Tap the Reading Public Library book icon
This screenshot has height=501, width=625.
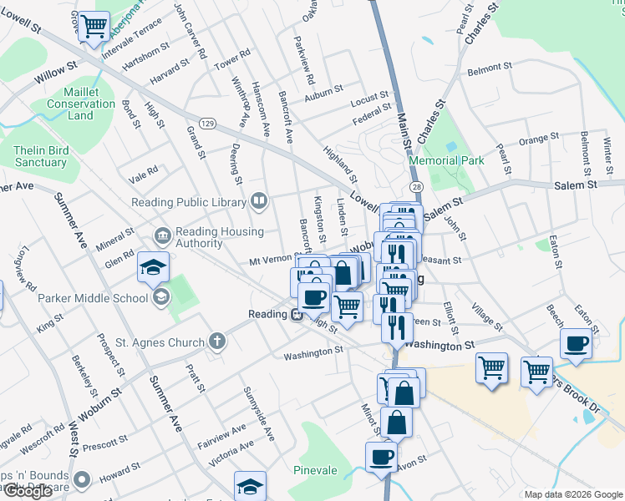[259, 200]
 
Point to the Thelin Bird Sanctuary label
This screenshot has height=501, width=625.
[39, 156]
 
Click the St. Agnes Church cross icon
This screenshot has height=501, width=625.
[216, 341]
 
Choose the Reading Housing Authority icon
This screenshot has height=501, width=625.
[162, 236]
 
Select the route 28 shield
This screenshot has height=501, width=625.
[415, 186]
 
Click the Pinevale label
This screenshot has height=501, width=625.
[315, 470]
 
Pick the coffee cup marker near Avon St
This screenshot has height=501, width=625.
[382, 457]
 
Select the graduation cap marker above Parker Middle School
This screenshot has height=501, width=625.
[154, 267]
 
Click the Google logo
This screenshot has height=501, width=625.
[28, 491]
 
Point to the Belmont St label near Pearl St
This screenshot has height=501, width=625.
[490, 68]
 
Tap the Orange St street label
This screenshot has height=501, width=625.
[538, 139]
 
